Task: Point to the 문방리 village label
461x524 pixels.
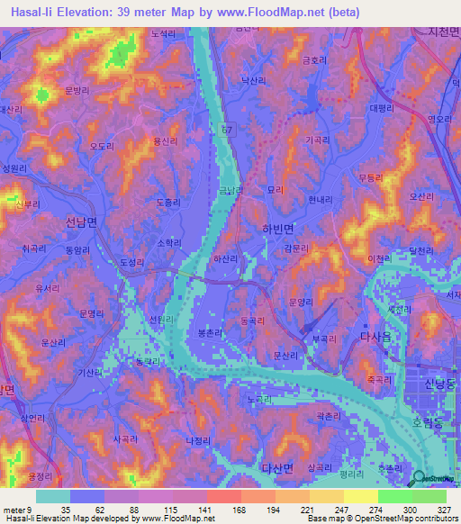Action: coord(78,91)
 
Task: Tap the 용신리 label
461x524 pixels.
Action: coord(166,141)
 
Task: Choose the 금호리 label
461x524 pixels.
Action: coord(313,59)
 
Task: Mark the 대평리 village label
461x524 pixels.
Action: coord(382,108)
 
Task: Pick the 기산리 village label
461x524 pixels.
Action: coord(90,373)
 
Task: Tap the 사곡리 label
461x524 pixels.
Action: coord(126,439)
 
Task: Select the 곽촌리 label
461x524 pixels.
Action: coord(327,415)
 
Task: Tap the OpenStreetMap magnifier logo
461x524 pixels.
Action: coord(417,478)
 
